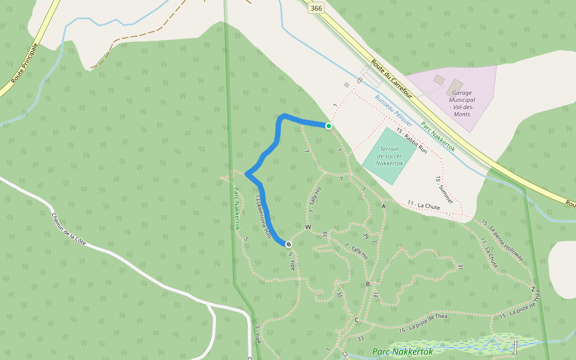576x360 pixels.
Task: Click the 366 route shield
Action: (316, 8)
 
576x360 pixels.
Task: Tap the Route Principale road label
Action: (25, 64)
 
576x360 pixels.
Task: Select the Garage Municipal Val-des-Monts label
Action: (463, 100)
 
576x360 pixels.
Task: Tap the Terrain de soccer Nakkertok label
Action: (388, 155)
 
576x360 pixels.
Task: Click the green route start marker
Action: (329, 126)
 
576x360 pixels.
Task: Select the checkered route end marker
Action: (289, 244)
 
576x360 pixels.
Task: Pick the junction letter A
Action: (383, 206)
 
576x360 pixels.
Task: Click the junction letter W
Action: (308, 227)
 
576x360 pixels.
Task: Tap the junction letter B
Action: (368, 284)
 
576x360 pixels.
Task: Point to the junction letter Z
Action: (532, 289)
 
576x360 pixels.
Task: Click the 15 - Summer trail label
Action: (445, 190)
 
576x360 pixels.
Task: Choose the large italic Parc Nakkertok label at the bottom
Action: (403, 352)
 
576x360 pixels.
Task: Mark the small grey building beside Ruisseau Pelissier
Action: (346, 85)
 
